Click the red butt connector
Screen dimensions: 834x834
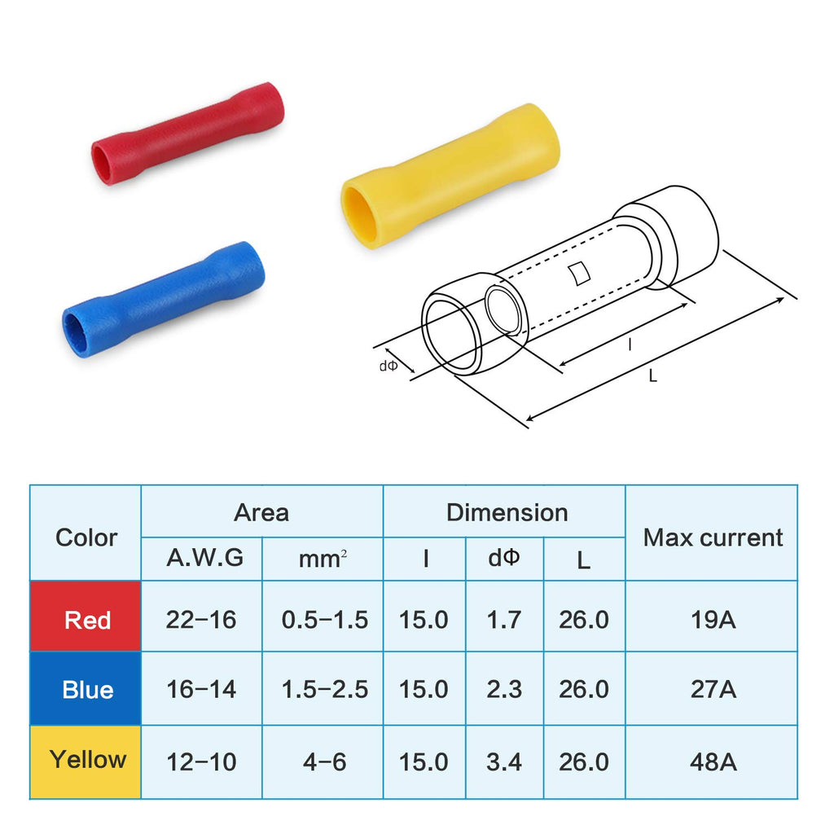[188, 134]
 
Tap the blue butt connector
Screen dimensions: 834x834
[164, 300]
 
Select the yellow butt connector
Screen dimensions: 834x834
[450, 176]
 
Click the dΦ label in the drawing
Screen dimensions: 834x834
[388, 366]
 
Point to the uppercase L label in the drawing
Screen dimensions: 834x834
[652, 376]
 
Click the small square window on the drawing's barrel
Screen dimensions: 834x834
[579, 274]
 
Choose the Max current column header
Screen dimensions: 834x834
[713, 538]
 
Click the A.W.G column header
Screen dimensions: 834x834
[204, 558]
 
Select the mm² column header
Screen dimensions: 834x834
[323, 559]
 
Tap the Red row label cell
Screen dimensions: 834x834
[86, 617]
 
